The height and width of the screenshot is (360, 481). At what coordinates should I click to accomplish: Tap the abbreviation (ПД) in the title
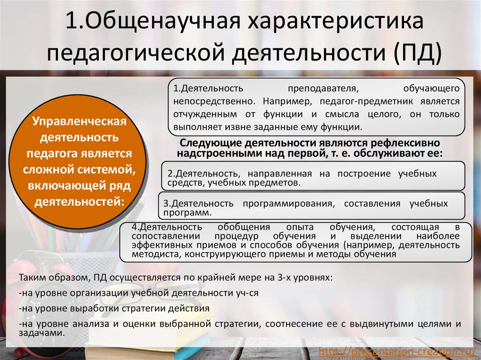418,53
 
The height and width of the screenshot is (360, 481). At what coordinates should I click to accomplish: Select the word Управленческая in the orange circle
79,122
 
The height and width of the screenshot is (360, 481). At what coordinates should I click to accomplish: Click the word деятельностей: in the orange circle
79,202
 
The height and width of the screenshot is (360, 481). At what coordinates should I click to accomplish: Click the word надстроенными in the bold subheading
214,153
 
